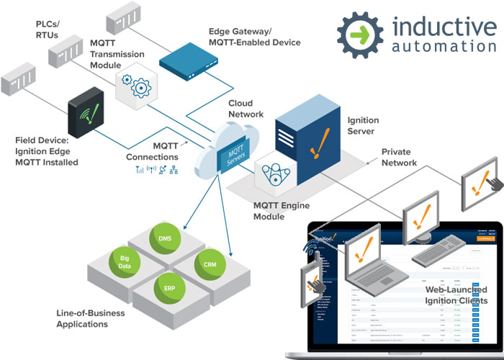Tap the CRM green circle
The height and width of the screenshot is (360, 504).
[210, 265]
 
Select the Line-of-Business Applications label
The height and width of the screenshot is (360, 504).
[90, 318]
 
